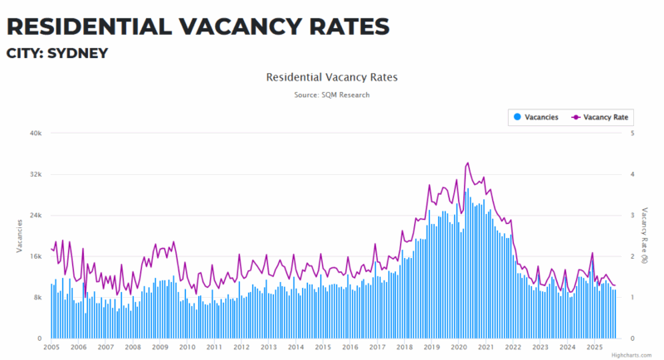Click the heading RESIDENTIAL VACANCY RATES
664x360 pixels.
[198, 26]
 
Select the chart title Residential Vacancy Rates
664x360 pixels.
[331, 77]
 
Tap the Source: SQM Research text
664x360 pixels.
[331, 95]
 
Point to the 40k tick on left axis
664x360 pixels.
[37, 133]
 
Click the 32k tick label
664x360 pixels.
[37, 174]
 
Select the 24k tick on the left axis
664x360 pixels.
[37, 215]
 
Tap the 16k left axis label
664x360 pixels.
[37, 256]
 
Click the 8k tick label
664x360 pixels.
[39, 297]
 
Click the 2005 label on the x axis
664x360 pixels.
[51, 348]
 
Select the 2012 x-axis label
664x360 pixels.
[242, 348]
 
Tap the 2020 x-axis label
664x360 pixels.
[459, 348]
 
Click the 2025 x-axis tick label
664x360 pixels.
[594, 348]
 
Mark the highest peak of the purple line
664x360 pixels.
[468, 163]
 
